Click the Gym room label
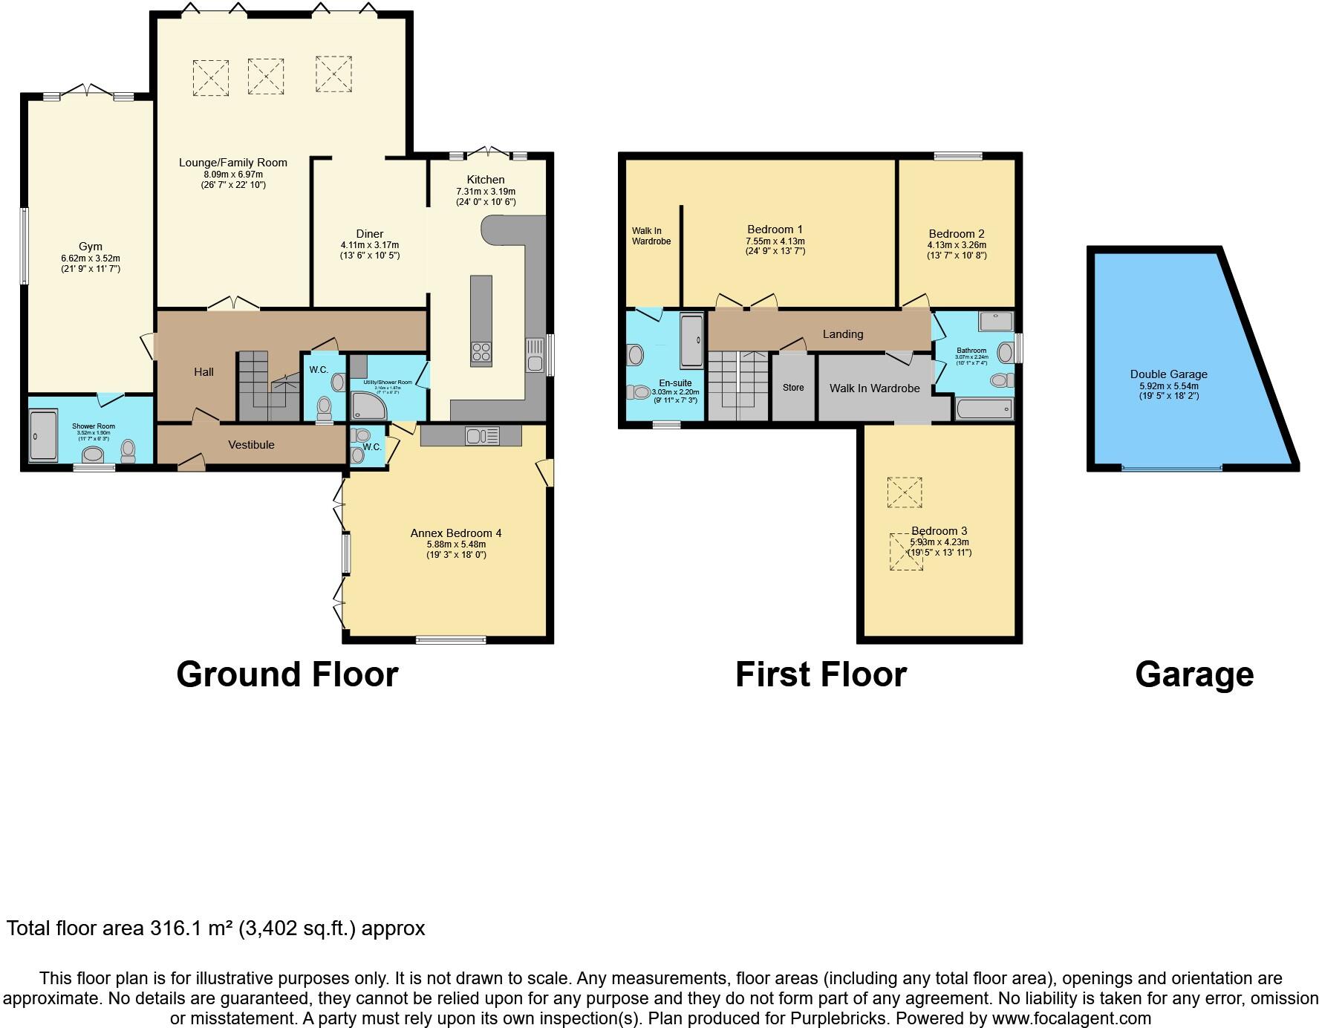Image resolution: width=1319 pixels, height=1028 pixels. pyautogui.click(x=91, y=247)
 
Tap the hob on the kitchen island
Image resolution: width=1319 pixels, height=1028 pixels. pyautogui.click(x=481, y=352)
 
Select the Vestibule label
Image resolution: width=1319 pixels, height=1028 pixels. pyautogui.click(x=251, y=445)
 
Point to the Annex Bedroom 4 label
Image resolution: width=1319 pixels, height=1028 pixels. pyautogui.click(x=456, y=533)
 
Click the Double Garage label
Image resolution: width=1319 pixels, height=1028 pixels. pyautogui.click(x=1168, y=374)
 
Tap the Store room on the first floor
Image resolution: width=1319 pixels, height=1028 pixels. pyautogui.click(x=793, y=388)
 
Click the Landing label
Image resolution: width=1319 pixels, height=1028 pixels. pyautogui.click(x=842, y=334)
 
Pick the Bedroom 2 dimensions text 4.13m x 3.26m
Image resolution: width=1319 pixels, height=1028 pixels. pyautogui.click(x=957, y=245)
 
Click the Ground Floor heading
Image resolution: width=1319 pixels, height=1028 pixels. pyautogui.click(x=287, y=674)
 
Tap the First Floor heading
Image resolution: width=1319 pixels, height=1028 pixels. pyautogui.click(x=821, y=674)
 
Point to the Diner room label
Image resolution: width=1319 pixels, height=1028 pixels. pyautogui.click(x=369, y=234)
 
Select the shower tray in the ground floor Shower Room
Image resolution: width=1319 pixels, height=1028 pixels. pyautogui.click(x=42, y=435)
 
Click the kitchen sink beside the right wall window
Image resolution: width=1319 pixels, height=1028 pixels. pyautogui.click(x=535, y=355)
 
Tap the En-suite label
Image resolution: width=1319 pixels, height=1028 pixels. pyautogui.click(x=675, y=383)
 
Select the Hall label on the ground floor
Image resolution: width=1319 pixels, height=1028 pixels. pyautogui.click(x=203, y=372)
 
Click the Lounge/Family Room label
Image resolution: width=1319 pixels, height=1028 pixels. pyautogui.click(x=232, y=163)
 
